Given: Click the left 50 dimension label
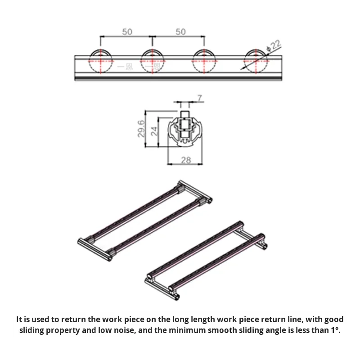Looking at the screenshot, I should tap(127, 31).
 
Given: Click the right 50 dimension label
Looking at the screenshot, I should tap(180, 31).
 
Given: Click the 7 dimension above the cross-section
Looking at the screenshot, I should tap(199, 97).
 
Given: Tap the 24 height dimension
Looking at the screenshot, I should tap(155, 131).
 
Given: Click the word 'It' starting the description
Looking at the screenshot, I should tap(19, 319).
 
